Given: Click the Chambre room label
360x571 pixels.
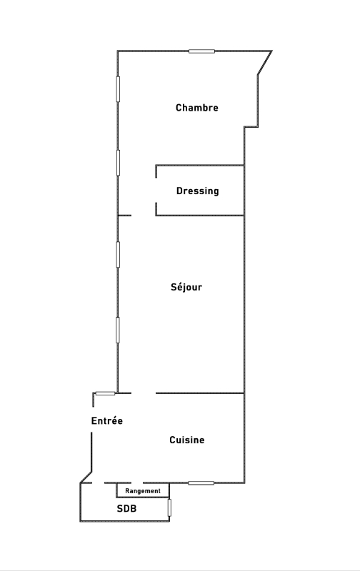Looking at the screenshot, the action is click(196, 108).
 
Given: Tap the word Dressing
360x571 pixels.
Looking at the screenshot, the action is click(197, 191).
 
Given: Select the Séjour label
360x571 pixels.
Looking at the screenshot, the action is click(186, 287).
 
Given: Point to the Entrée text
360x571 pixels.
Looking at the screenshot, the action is click(106, 421).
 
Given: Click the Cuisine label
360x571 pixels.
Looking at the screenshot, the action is click(187, 440).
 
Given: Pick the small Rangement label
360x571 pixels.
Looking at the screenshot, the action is click(143, 491).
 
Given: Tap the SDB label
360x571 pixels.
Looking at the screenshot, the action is click(126, 508).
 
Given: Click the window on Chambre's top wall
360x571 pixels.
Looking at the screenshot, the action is click(201, 51).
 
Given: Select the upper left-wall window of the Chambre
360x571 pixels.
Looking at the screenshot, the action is click(118, 89).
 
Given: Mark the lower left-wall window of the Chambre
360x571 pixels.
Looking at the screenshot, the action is click(118, 163).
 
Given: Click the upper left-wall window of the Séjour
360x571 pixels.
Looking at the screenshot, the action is click(118, 254).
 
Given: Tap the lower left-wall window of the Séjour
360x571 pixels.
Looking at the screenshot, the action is click(118, 330).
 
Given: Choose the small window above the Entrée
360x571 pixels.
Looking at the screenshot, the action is click(105, 393).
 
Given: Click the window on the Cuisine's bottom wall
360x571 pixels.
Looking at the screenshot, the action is click(201, 483).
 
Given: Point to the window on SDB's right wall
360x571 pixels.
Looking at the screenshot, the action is click(169, 507).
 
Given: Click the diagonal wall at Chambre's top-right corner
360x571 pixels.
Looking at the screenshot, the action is click(265, 63).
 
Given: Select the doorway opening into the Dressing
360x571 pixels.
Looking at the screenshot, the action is click(156, 190).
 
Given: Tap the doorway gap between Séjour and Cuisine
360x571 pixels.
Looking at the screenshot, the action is click(143, 393).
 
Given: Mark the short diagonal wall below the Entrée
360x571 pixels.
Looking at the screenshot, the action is click(86, 477).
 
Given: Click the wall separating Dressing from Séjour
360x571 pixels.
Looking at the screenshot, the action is click(200, 216).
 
